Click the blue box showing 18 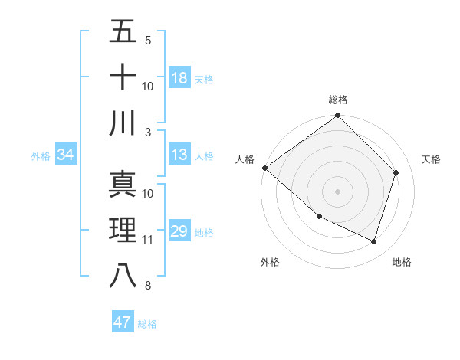pyautogui.click(x=179, y=77)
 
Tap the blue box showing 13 pyautogui.click(x=179, y=155)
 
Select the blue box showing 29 pyautogui.click(x=179, y=231)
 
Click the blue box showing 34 pyautogui.click(x=66, y=155)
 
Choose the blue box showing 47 pyautogui.click(x=123, y=322)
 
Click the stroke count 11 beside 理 pyautogui.click(x=148, y=240)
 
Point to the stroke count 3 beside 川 pyautogui.click(x=148, y=132)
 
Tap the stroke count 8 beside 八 pyautogui.click(x=148, y=286)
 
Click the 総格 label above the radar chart pyautogui.click(x=338, y=100)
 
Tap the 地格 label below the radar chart pyautogui.click(x=402, y=262)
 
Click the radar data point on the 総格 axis pyautogui.click(x=338, y=116)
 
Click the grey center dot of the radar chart pyautogui.click(x=338, y=191)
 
